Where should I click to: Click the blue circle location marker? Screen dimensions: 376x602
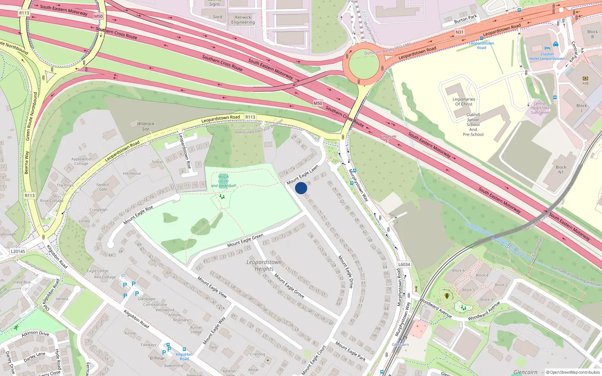click(x=301, y=188)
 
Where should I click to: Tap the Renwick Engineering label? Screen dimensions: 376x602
click(x=243, y=20)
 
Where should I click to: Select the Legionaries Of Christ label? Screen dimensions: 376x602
click(x=464, y=102)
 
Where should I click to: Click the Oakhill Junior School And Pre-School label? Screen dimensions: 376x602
click(x=473, y=124)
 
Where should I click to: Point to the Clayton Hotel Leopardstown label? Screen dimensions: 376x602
click(x=547, y=56)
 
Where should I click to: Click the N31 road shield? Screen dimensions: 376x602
click(x=459, y=32)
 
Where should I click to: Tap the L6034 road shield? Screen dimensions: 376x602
click(x=404, y=264)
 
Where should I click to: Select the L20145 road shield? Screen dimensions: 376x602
click(x=18, y=252)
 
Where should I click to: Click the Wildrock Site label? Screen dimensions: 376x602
click(x=146, y=126)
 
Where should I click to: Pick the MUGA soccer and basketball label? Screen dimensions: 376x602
click(x=223, y=181)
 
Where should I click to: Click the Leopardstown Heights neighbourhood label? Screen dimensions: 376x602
click(x=264, y=265)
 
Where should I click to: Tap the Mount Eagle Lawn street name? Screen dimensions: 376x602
click(x=303, y=175)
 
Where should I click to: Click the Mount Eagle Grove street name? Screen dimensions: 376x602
click(x=289, y=285)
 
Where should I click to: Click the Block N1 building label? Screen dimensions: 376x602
click(x=561, y=170)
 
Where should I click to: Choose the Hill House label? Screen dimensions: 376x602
click(x=132, y=173)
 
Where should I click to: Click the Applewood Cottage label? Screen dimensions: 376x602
click(x=81, y=161)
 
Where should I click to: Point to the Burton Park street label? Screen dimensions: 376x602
click(x=465, y=19)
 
